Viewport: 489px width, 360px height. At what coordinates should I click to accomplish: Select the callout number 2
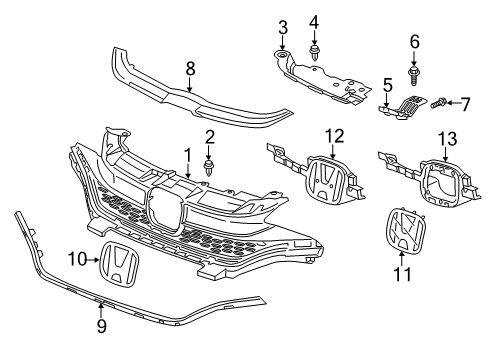(210, 136)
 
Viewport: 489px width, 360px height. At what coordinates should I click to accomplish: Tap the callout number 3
(283, 25)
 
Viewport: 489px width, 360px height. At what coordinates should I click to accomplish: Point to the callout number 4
(314, 21)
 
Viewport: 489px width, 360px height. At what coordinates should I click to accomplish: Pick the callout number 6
(415, 42)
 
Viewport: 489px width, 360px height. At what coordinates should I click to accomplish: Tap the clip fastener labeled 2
(210, 161)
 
